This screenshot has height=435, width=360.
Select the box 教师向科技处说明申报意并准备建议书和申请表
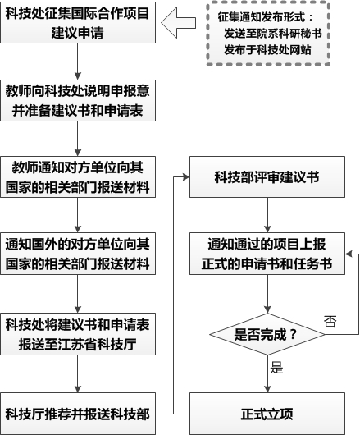[75, 99]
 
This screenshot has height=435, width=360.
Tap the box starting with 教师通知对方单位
[75, 176]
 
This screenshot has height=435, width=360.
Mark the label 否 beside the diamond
[330, 320]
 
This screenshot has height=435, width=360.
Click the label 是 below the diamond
[276, 369]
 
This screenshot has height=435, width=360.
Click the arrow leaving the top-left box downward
[75, 62]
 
